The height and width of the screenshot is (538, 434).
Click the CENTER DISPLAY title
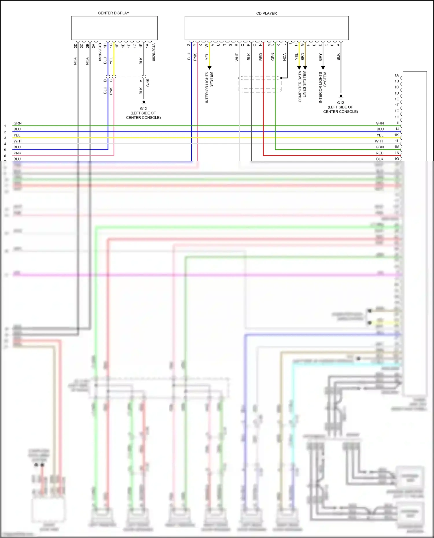pos(113,13)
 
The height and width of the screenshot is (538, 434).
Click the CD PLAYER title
pos(266,13)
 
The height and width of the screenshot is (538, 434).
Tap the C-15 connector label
pos(148,83)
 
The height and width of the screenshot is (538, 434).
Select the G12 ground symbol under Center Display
pos(144,103)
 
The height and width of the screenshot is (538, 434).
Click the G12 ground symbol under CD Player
pos(341,97)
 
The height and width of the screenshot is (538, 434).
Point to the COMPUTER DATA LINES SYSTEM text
pos(302,86)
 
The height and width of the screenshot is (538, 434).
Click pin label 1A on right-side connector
pos(396,75)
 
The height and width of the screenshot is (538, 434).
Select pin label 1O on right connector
pos(396,159)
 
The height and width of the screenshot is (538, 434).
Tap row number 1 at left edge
pos(5,126)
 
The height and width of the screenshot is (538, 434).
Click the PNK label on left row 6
pos(17,153)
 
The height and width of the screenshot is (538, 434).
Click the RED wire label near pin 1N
pos(379,153)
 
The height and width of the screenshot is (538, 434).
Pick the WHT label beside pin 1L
pos(379,141)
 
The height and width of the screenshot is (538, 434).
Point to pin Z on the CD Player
pos(189,45)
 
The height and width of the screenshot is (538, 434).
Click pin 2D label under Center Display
pos(76,46)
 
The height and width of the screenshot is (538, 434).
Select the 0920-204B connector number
pos(100,52)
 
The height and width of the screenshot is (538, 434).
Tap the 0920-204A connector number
pos(154,52)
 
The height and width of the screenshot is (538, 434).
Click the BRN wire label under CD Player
pos(302,57)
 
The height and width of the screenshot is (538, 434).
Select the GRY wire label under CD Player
pos(320,57)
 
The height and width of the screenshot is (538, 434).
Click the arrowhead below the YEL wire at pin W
pos(209,68)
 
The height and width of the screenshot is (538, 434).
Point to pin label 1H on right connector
pos(397,117)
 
